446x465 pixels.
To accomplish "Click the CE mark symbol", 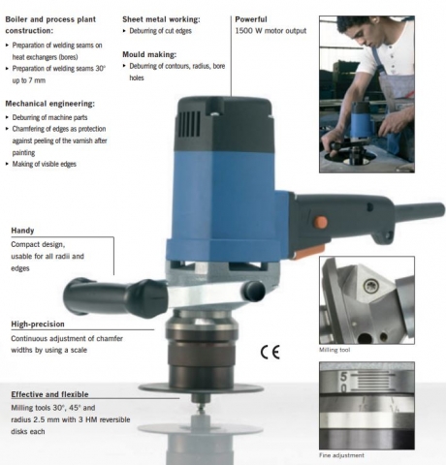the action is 270,352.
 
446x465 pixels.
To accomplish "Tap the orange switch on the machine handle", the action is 321,222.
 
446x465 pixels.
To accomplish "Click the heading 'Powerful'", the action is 251,19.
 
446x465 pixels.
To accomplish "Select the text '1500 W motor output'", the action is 271,31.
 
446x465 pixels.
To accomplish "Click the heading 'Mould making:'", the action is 149,54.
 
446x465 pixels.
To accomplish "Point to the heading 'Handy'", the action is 22,231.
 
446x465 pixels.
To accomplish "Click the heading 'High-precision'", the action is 38,325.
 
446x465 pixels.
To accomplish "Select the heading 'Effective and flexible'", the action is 49,394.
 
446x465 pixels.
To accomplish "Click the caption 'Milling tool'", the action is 334,350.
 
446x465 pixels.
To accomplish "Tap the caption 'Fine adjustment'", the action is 341,455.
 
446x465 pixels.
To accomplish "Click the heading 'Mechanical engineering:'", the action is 50,104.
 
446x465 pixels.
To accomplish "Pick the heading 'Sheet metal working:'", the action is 161,19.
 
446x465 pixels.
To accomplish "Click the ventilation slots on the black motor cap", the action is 190,123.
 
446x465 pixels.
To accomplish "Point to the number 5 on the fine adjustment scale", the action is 343,377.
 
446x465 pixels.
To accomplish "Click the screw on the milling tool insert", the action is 369,286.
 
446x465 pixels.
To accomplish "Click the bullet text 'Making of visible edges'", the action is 45,164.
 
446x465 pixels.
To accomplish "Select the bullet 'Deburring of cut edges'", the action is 160,31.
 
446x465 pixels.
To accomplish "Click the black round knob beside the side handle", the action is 254,290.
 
